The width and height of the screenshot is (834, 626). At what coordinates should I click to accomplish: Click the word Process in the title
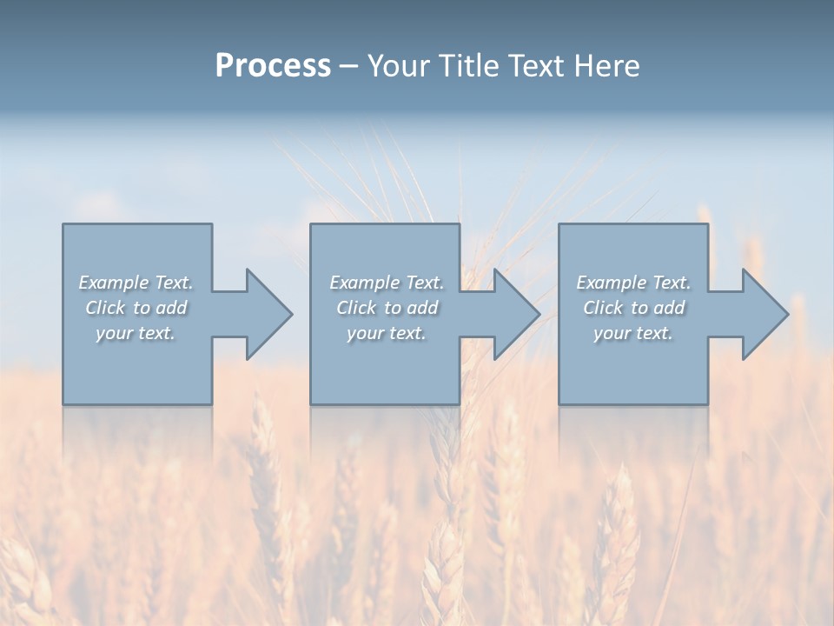[273, 66]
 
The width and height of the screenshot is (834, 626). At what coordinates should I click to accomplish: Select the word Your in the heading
[400, 66]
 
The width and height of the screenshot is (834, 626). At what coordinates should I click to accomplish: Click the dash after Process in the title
[348, 67]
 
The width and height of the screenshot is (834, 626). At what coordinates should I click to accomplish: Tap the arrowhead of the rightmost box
[764, 314]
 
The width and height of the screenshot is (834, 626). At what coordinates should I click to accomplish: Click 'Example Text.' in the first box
[136, 283]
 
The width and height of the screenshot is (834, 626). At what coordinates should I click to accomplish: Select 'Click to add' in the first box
[136, 308]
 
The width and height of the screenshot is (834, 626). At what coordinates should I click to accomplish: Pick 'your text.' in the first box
[136, 333]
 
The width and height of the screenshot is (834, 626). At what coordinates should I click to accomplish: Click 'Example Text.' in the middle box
[386, 283]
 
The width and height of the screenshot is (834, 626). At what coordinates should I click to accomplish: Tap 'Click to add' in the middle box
[386, 308]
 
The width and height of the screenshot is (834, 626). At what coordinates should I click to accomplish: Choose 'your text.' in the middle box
[386, 333]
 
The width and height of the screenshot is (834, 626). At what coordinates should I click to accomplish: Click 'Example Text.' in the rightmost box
[633, 283]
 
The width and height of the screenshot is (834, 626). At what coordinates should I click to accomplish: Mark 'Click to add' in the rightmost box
[633, 308]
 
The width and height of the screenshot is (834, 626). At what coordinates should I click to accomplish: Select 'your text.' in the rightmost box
[633, 333]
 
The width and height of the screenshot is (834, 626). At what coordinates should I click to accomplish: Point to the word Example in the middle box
[362, 283]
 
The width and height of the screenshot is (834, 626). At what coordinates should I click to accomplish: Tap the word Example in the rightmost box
[610, 283]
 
